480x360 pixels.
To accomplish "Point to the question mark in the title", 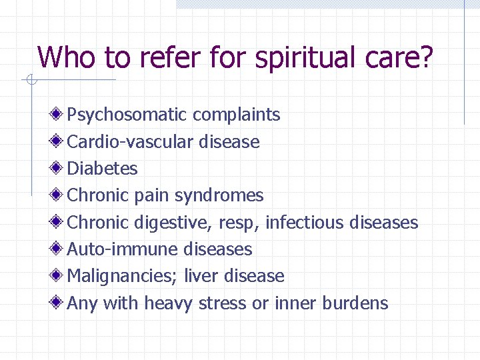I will (426, 57).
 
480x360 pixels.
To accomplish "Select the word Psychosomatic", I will (127, 115).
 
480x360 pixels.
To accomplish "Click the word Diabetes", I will (103, 169).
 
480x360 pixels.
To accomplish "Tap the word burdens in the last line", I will (355, 303).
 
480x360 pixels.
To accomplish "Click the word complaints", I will (237, 115).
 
